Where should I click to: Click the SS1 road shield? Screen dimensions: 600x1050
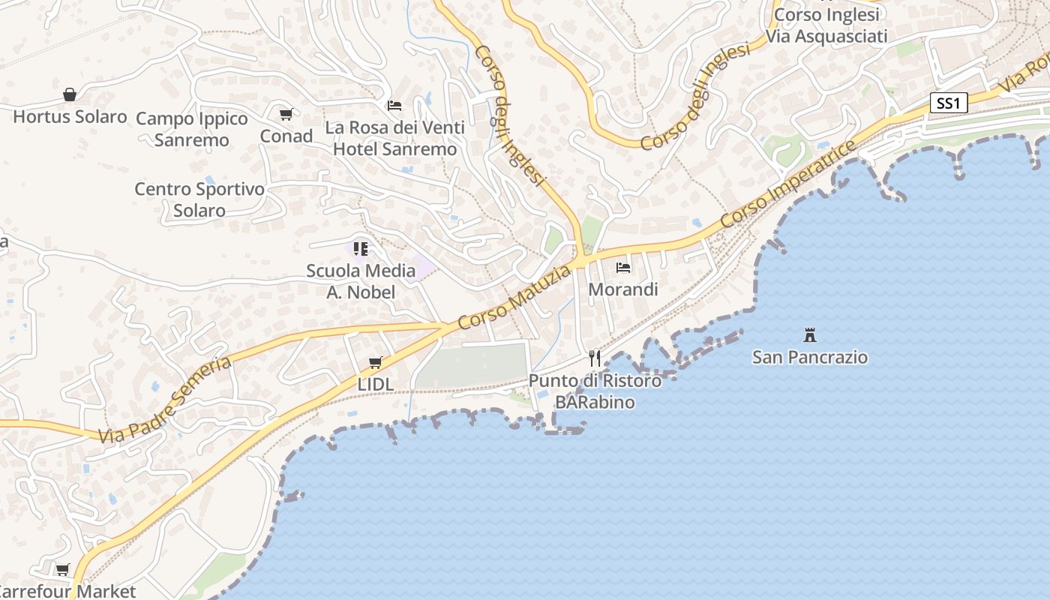[x=948, y=103]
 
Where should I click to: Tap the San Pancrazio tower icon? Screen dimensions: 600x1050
[x=809, y=334]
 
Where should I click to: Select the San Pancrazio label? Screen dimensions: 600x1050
[x=809, y=357]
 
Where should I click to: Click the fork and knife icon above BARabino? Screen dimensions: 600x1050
[x=595, y=358]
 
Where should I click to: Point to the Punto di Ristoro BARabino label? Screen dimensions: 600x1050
[x=595, y=391]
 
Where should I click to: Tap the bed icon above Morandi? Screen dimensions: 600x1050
[x=622, y=267]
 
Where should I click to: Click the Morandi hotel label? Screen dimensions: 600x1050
[x=622, y=289]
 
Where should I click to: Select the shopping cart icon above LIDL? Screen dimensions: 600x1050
[x=375, y=363]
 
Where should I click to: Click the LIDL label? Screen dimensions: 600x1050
[x=375, y=385]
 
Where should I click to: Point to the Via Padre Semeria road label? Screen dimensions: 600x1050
[x=166, y=400]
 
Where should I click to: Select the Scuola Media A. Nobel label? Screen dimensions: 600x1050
[x=360, y=281]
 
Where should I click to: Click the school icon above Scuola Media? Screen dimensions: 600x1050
[x=361, y=248]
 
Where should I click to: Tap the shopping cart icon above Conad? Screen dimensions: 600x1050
[x=286, y=115]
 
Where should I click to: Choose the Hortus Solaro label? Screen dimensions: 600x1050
[x=70, y=117]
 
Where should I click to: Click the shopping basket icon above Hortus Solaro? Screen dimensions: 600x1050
[x=70, y=94]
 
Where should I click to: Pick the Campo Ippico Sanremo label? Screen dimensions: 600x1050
[x=191, y=130]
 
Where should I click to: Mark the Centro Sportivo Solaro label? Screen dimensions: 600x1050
[x=199, y=199]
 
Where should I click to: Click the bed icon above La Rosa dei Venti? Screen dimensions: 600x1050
[x=394, y=106]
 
